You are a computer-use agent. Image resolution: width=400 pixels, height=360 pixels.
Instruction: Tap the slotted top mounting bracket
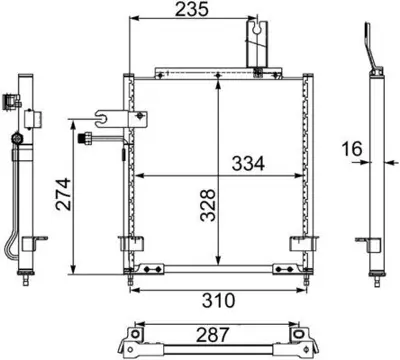tap(258, 43)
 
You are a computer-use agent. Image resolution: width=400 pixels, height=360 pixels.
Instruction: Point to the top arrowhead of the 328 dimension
tap(219, 82)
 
